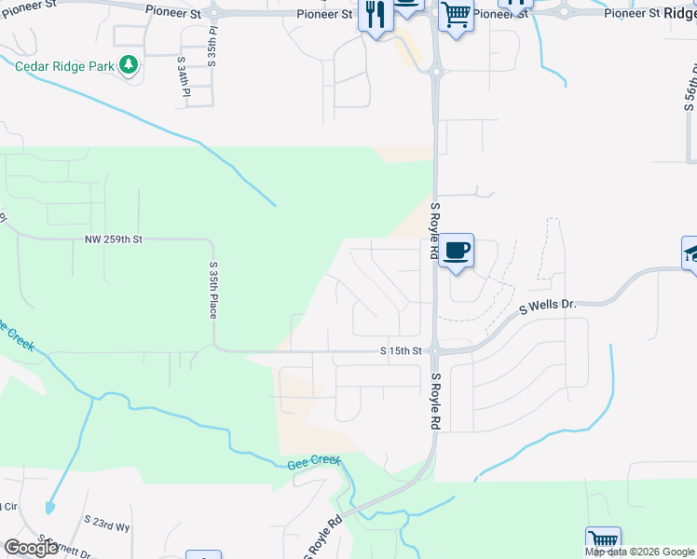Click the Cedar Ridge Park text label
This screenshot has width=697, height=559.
(x=64, y=66)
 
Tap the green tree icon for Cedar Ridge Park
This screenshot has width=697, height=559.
(x=129, y=65)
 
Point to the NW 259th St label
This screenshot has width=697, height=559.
(x=113, y=239)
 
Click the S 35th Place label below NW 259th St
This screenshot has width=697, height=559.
(x=212, y=290)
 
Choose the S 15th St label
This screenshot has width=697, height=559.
(x=402, y=351)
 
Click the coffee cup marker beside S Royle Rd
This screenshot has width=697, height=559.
(x=457, y=251)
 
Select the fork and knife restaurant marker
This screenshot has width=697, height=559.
(x=376, y=16)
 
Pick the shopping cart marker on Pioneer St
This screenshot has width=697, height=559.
(x=456, y=14)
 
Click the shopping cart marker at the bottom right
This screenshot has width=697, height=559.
(x=603, y=541)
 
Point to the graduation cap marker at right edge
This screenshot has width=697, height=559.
(x=691, y=252)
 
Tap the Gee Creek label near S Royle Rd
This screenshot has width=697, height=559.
(x=314, y=461)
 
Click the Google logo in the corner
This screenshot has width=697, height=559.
(x=31, y=548)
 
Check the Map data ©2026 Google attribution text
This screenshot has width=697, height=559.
(x=639, y=552)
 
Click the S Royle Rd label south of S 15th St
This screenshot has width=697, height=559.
(x=435, y=402)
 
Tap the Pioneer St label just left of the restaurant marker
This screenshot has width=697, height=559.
(x=325, y=14)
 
